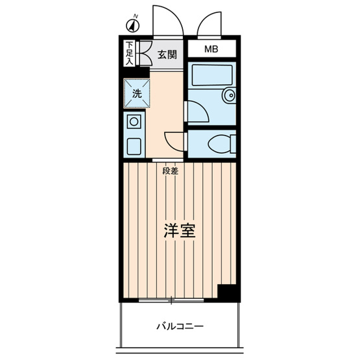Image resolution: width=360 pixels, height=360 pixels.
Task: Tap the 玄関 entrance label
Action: (167, 54)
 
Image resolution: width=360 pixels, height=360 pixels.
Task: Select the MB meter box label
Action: (212, 49)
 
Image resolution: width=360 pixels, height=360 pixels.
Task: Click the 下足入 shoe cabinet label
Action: (129, 53)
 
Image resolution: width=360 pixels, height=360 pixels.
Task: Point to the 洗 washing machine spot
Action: (136, 93)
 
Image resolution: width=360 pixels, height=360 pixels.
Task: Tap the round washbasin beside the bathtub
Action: (228, 97)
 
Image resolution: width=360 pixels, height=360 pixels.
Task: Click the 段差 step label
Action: (170, 171)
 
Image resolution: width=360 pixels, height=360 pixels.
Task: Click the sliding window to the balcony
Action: (171, 300)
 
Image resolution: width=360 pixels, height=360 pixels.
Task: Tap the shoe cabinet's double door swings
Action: (144, 53)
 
